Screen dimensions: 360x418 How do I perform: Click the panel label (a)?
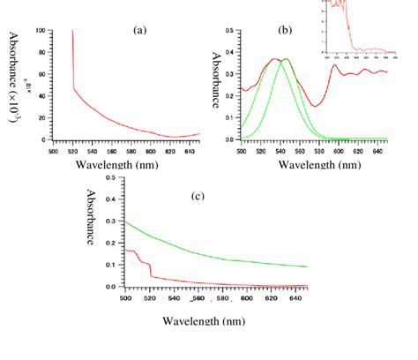(x=138, y=29)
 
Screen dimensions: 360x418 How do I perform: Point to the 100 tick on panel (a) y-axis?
(x=40, y=31)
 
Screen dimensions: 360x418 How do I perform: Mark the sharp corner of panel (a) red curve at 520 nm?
(x=72, y=88)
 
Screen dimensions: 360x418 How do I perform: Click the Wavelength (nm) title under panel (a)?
(x=120, y=164)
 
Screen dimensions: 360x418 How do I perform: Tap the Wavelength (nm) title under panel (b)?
(x=312, y=164)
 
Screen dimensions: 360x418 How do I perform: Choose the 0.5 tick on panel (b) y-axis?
(x=230, y=31)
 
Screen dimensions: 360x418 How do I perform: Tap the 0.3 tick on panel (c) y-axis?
(x=113, y=221)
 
